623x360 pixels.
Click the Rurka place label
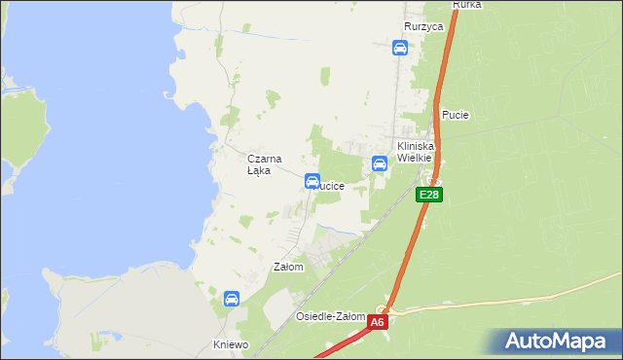467,5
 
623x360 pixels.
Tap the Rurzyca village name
423,27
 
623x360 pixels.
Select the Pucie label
455,115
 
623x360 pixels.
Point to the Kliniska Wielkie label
415,151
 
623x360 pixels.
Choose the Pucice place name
331,186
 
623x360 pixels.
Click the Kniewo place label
232,344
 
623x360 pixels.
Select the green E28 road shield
429,196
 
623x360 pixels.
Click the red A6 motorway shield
378,322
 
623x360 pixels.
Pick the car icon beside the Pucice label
312,181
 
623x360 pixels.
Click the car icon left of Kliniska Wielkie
380,163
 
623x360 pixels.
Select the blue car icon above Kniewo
232,299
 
